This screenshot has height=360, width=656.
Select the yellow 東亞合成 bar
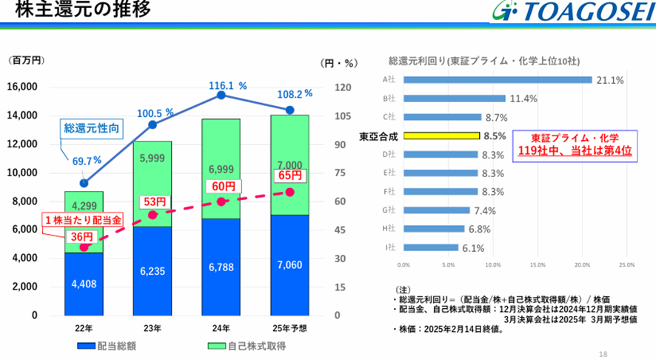pyautogui.click(x=441, y=136)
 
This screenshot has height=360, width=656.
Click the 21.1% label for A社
pyautogui.click(x=610, y=80)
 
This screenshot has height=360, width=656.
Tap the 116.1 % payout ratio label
pyautogui.click(x=227, y=86)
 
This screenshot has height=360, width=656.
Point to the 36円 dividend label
pyautogui.click(x=81, y=237)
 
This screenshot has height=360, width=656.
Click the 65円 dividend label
pyautogui.click(x=290, y=176)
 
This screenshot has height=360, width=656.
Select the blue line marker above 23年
pyautogui.click(x=153, y=124)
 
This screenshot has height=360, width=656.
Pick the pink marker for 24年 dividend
pyautogui.click(x=221, y=201)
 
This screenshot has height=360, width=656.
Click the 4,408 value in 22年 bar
pyautogui.click(x=84, y=284)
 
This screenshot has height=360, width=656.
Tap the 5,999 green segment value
pyautogui.click(x=153, y=159)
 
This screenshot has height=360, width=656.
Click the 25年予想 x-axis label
pyautogui.click(x=289, y=328)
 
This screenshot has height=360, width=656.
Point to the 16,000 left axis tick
pyautogui.click(x=22, y=87)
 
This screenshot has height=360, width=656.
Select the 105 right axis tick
pyautogui.click(x=343, y=116)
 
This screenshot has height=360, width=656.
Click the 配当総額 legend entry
pyautogui.click(x=107, y=346)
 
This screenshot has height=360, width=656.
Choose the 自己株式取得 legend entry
pyautogui.click(x=247, y=346)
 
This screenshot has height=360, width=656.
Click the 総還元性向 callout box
pyautogui.click(x=92, y=128)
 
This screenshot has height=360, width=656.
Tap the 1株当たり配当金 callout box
pyautogui.click(x=83, y=220)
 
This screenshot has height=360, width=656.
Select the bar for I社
pyautogui.click(x=431, y=247)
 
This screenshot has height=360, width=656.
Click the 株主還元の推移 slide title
pyautogui.click(x=82, y=9)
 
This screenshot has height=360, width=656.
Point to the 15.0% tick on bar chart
pyautogui.click(x=538, y=265)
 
